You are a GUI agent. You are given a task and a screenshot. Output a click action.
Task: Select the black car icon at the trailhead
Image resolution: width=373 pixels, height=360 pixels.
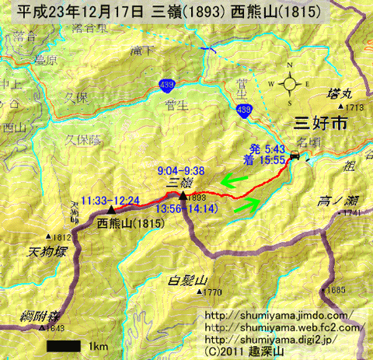tap(295, 158)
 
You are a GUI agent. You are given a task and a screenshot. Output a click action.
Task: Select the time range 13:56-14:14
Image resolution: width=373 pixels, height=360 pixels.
tap(183, 208)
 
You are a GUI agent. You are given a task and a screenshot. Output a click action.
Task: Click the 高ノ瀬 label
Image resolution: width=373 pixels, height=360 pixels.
tap(336, 200)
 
